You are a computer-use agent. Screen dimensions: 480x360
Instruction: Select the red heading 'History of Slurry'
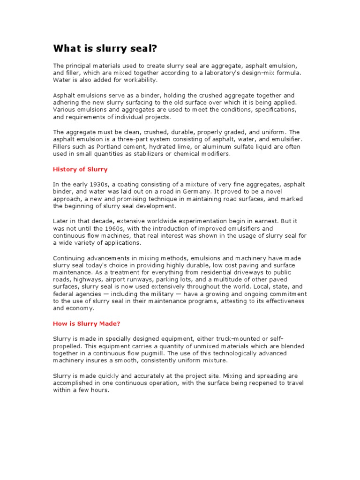pos(80,169)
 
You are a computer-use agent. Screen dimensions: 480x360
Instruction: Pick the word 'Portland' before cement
pos(104,147)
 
